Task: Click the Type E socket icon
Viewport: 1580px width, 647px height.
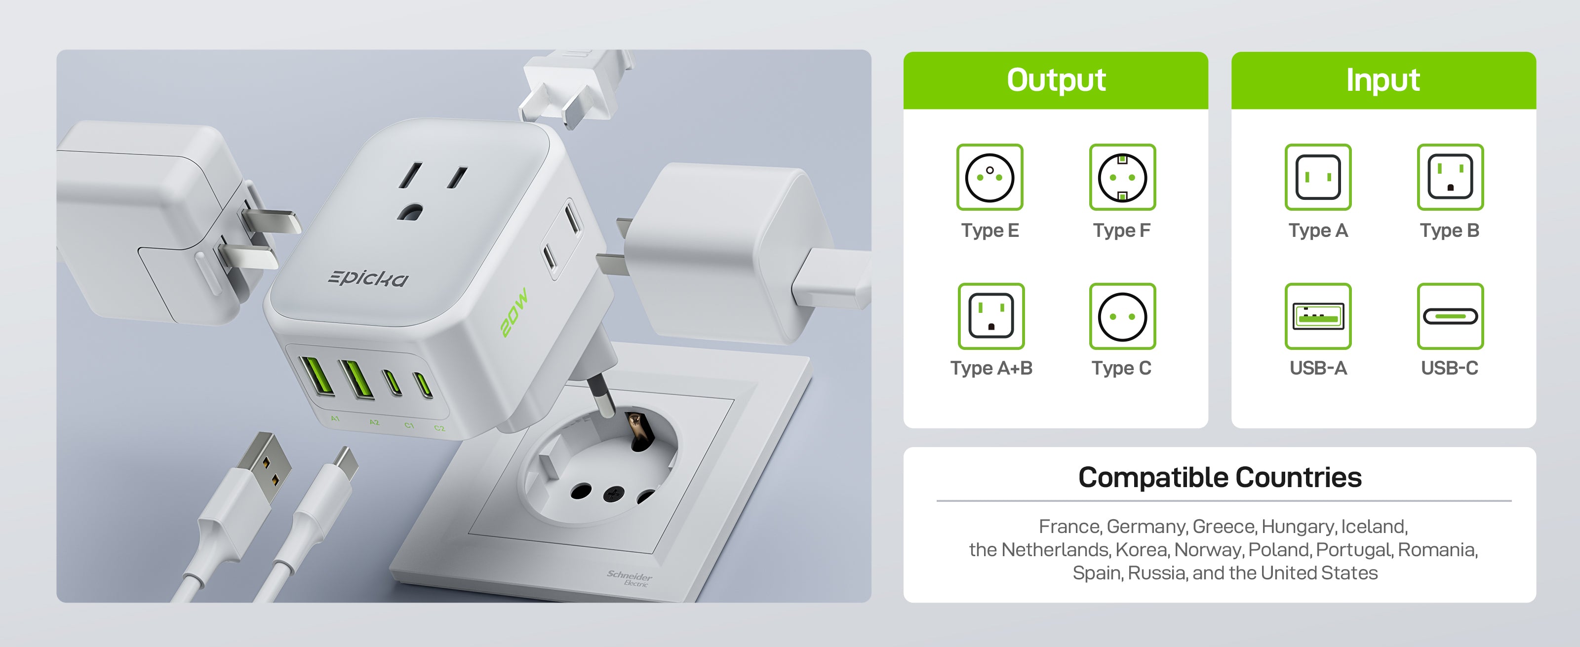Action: click(x=989, y=177)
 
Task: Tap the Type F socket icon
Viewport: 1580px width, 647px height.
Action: click(x=1122, y=177)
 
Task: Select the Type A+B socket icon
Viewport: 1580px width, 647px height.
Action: click(x=990, y=316)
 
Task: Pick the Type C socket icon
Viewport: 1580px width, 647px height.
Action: click(x=1122, y=316)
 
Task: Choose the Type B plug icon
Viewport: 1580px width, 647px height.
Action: click(x=1450, y=177)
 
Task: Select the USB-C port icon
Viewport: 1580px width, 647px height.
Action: click(x=1450, y=316)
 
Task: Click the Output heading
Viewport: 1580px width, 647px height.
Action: click(x=1056, y=80)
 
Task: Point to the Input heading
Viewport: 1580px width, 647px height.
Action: click(x=1382, y=80)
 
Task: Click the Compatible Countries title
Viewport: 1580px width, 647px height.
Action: click(x=1220, y=477)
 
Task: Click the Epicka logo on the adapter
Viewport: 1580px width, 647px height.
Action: click(x=368, y=278)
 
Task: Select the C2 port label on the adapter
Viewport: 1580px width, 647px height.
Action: click(x=439, y=428)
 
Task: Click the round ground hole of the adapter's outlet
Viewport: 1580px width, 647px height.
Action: click(x=410, y=212)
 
